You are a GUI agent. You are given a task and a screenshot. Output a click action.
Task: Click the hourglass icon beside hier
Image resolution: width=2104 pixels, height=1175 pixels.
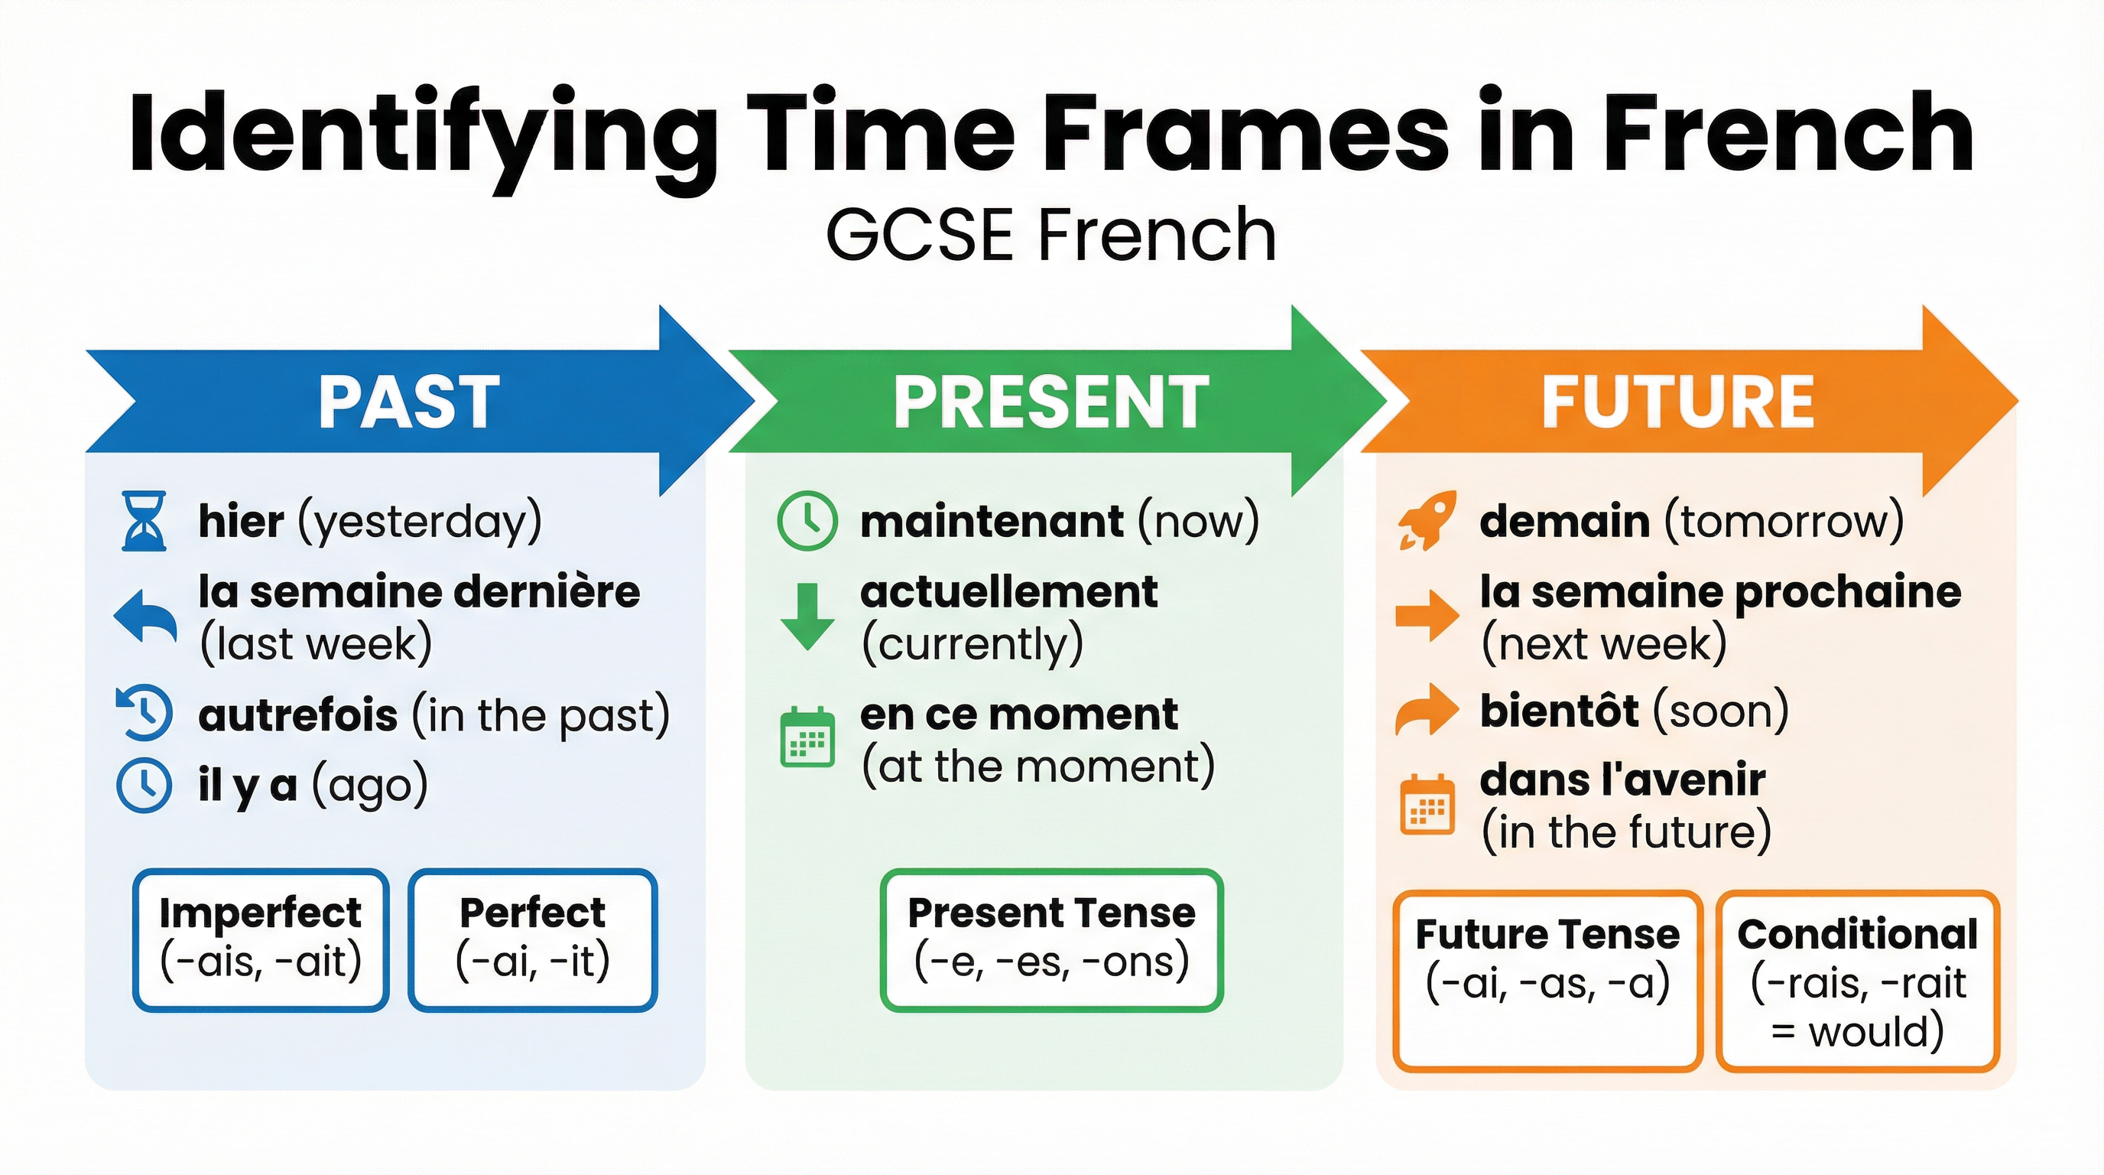(144, 520)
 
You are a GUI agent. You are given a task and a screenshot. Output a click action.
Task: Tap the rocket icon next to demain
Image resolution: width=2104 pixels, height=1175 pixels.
(1426, 520)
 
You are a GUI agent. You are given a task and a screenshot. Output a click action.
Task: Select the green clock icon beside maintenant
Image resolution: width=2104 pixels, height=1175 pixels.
(807, 520)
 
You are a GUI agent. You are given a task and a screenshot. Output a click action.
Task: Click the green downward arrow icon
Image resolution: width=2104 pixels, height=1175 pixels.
(807, 616)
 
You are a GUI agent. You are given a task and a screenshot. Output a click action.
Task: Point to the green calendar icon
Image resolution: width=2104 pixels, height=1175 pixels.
(807, 738)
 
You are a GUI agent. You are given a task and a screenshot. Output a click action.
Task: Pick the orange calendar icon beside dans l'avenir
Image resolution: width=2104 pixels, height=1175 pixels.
(1427, 804)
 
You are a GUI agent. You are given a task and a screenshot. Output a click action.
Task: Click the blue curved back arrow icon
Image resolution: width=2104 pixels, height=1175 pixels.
(145, 615)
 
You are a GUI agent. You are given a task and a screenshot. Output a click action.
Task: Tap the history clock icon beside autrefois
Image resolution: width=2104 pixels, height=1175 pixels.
(144, 712)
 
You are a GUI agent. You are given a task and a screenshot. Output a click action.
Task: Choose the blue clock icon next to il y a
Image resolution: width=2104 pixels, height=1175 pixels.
(144, 785)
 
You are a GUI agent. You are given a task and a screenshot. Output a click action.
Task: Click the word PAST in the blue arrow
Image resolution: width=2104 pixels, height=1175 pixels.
(408, 402)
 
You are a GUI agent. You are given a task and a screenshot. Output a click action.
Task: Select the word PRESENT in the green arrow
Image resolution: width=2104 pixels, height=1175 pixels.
(1050, 402)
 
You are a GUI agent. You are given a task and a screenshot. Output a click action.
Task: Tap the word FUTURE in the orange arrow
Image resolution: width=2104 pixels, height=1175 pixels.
(1677, 402)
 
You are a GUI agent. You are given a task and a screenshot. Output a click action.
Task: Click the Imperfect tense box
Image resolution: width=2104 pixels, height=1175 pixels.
(261, 939)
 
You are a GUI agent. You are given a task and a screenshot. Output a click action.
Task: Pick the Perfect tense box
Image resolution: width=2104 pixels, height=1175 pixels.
(533, 939)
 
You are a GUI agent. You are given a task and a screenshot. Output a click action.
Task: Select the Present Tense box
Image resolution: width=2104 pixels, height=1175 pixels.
(1051, 939)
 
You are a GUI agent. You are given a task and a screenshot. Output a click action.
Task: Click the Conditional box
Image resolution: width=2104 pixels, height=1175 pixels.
(1857, 981)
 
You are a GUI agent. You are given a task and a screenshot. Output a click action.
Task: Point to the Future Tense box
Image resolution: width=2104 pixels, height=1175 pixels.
(1547, 981)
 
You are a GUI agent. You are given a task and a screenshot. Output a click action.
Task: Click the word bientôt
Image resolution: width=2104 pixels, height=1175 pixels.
(1558, 711)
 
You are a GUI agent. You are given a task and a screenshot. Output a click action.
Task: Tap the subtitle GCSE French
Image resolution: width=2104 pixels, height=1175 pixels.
(1050, 235)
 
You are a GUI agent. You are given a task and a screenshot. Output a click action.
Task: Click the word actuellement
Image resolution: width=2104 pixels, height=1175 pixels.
(1008, 591)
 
